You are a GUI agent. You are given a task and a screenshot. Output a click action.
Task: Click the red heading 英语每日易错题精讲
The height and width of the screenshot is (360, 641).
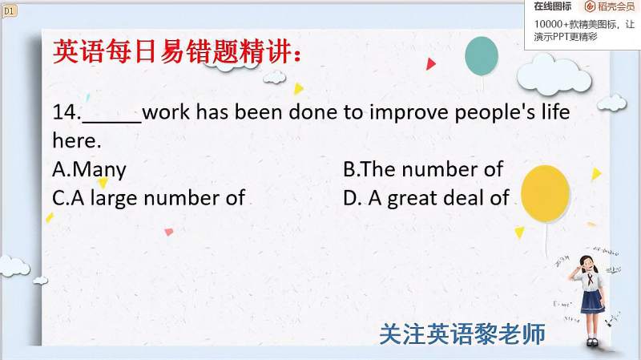(x=176, y=52)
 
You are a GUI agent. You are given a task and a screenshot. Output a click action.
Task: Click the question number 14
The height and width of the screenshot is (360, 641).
(x=67, y=111)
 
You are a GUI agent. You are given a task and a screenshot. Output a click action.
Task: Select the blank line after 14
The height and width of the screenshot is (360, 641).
(x=111, y=122)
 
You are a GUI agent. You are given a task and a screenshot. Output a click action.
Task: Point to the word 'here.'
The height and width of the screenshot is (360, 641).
(x=77, y=140)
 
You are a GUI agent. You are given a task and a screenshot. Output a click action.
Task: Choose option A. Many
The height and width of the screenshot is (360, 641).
(x=89, y=170)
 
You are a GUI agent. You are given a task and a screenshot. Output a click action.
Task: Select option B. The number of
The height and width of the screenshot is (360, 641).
(x=423, y=169)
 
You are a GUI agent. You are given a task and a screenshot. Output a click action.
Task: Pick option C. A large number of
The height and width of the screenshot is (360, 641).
(x=148, y=198)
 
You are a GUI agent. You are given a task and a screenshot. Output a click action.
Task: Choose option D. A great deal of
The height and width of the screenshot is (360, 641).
(x=426, y=198)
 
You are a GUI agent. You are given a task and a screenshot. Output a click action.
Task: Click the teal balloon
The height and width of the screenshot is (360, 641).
(x=482, y=56)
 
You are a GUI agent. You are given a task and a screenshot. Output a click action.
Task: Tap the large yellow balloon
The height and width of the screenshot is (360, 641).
(x=545, y=193)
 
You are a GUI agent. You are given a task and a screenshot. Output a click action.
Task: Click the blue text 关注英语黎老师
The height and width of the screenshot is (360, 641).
(x=462, y=334)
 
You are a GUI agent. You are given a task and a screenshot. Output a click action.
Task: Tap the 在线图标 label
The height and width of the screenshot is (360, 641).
(x=553, y=6)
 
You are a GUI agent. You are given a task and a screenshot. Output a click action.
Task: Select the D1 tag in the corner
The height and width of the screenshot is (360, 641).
(x=9, y=10)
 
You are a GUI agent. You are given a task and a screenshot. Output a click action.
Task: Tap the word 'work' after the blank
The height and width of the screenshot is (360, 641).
(x=166, y=111)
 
